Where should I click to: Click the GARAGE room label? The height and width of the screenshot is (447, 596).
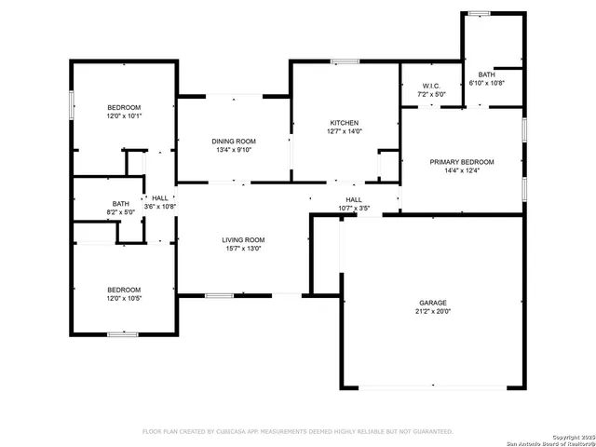pyautogui.click(x=433, y=303)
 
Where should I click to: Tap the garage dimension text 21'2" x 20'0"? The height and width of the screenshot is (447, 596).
pyautogui.click(x=433, y=313)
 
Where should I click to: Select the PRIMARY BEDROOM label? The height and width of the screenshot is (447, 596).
pyautogui.click(x=462, y=161)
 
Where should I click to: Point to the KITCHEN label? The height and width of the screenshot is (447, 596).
pyautogui.click(x=345, y=123)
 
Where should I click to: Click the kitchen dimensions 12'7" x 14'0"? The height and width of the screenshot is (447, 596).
pyautogui.click(x=345, y=132)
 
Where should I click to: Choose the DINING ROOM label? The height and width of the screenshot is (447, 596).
pyautogui.click(x=235, y=141)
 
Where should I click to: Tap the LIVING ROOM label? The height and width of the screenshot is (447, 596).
pyautogui.click(x=243, y=240)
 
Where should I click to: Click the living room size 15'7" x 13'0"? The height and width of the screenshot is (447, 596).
pyautogui.click(x=243, y=250)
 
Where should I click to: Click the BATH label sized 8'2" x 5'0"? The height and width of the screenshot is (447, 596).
pyautogui.click(x=121, y=203)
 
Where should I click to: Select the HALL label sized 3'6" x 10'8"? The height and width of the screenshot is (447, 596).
pyautogui.click(x=160, y=197)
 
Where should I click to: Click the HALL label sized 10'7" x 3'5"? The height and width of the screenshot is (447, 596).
pyautogui.click(x=354, y=199)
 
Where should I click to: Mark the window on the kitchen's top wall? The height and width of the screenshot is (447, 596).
pyautogui.click(x=345, y=61)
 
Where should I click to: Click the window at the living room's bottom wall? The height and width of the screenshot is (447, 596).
pyautogui.click(x=219, y=296)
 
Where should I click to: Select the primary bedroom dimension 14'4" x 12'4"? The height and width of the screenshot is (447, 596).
pyautogui.click(x=462, y=170)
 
